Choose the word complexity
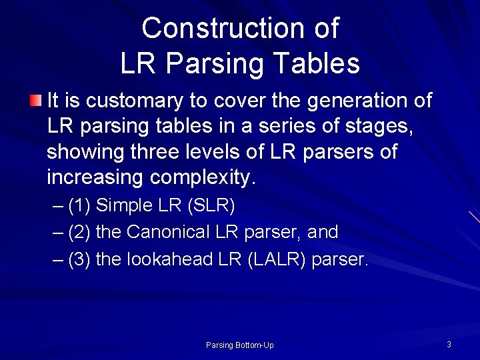(x=203, y=178)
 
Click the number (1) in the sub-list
(x=79, y=206)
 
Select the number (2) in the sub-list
(x=79, y=233)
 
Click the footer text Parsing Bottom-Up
(x=239, y=345)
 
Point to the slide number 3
(x=449, y=344)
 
